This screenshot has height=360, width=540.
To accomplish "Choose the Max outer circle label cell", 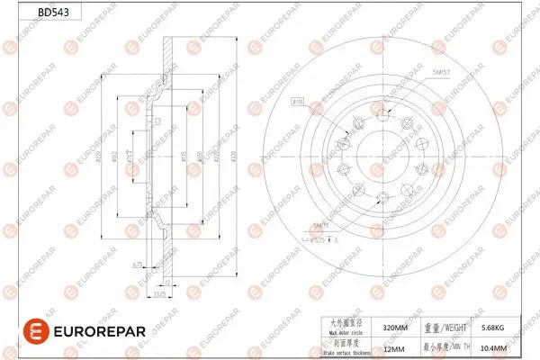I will tap(346, 328).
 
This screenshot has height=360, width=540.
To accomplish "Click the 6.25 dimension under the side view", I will tap(138, 264).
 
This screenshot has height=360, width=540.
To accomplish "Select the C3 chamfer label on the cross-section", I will tap(157, 120).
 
